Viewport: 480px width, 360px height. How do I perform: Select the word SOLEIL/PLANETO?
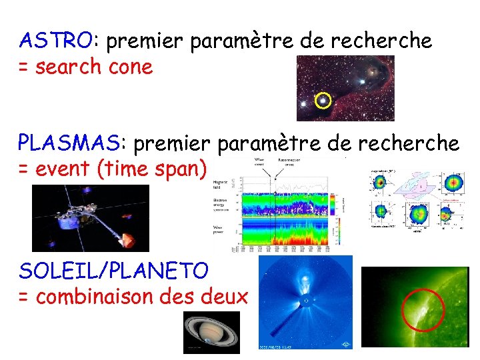point(113,271)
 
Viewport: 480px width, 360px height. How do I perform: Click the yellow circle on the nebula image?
point(323,101)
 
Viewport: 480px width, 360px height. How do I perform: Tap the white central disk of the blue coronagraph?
point(306,301)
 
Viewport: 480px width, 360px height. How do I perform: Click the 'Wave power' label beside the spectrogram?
point(220,231)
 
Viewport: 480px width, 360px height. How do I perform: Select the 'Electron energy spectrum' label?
point(221,203)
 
